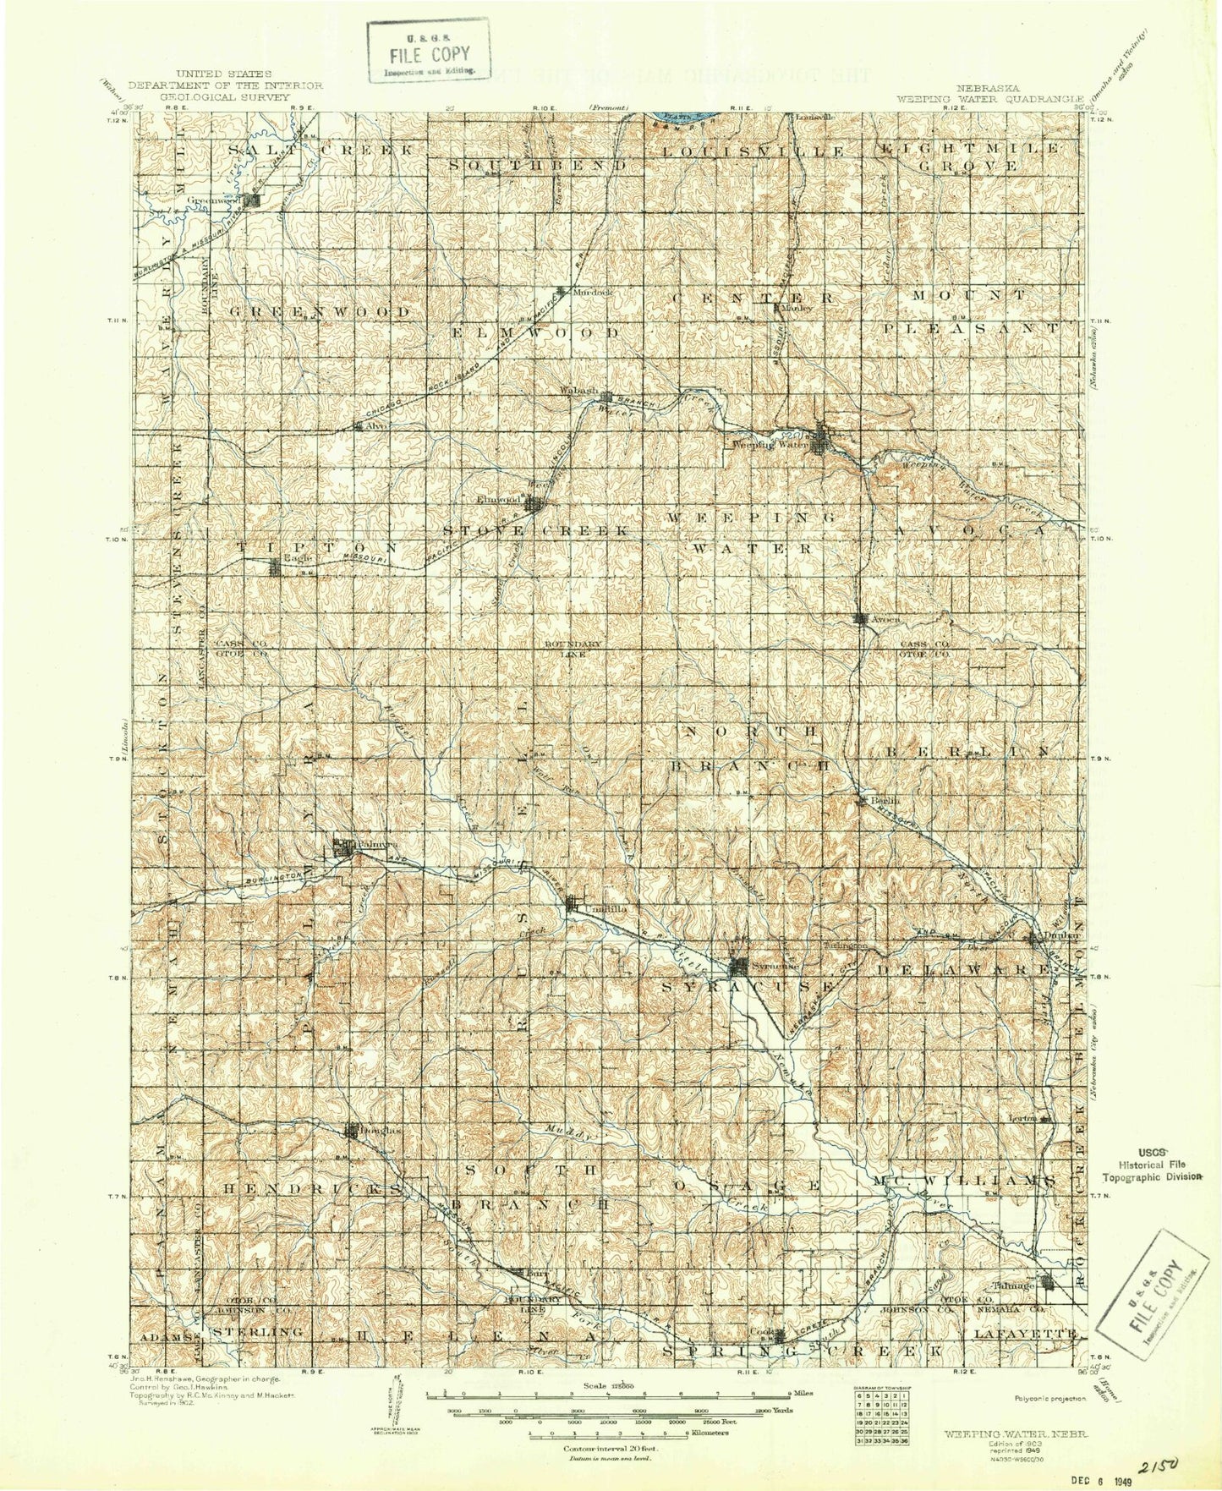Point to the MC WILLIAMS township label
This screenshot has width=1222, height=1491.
[969, 1179]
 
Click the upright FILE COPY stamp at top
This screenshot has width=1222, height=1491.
[430, 51]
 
